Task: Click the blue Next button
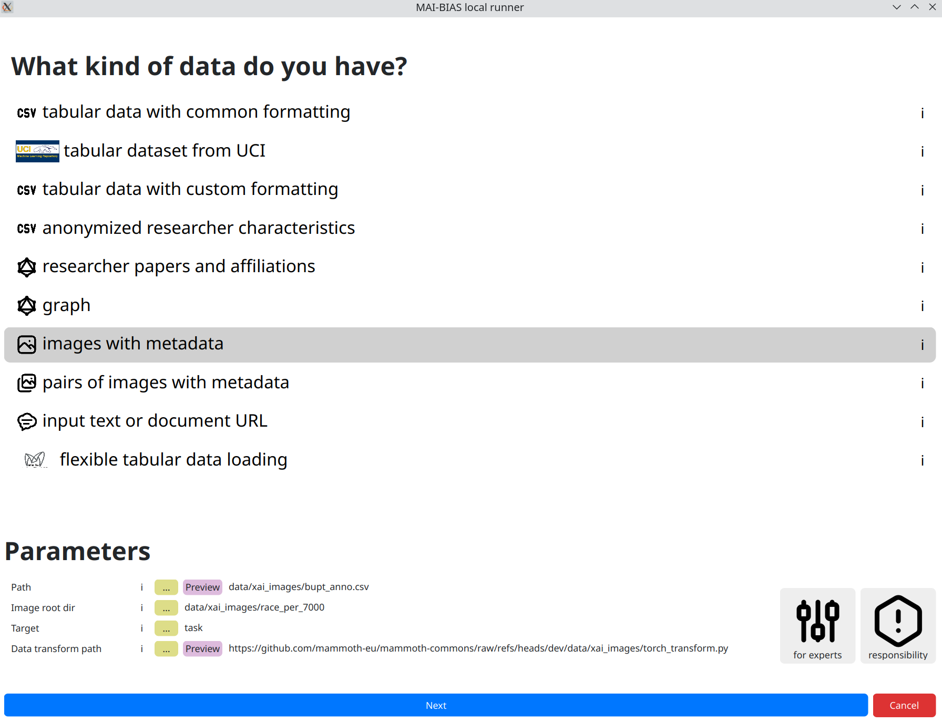[436, 705]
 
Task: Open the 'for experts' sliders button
[817, 625]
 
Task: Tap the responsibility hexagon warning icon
[898, 621]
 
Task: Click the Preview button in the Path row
[202, 587]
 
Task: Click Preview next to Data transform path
[202, 648]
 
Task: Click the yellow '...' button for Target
[166, 628]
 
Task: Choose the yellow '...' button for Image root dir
[166, 607]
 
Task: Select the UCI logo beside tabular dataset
[37, 151]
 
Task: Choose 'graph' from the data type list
[66, 305]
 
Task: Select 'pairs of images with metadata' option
[166, 383]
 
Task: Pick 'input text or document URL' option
[155, 421]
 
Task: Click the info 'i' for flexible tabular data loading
[923, 461]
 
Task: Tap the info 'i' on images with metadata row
[923, 345]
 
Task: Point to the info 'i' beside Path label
[141, 587]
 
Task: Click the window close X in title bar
[933, 7]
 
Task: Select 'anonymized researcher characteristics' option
[199, 228]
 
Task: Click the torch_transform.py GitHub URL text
[478, 648]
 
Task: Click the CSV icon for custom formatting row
[27, 190]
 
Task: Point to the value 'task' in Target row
[193, 628]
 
